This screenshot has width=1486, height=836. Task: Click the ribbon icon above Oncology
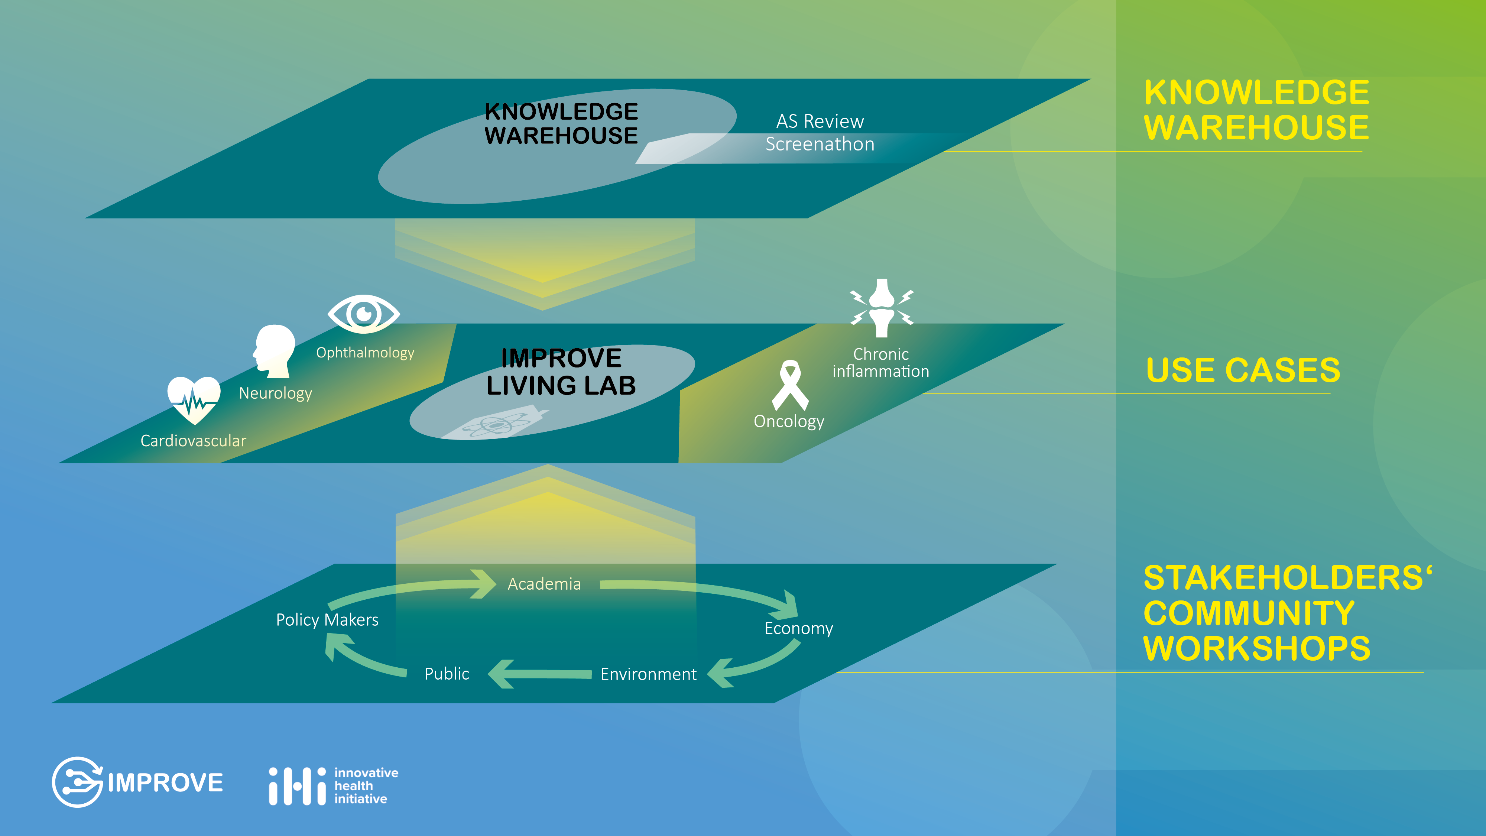click(x=790, y=385)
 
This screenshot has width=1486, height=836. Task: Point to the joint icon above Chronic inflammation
click(x=882, y=308)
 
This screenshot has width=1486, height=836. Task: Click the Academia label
click(x=544, y=584)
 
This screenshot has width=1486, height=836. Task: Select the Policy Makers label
click(x=327, y=620)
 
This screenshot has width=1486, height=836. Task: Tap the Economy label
click(x=799, y=628)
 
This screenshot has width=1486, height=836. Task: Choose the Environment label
click(x=648, y=674)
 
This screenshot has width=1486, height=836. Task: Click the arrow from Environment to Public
click(x=539, y=674)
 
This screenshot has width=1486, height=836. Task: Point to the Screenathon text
click(x=820, y=144)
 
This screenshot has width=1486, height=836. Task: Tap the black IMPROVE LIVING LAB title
click(x=561, y=372)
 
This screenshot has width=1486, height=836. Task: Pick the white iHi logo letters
click(x=298, y=786)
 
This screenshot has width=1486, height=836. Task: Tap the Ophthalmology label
click(x=365, y=353)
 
